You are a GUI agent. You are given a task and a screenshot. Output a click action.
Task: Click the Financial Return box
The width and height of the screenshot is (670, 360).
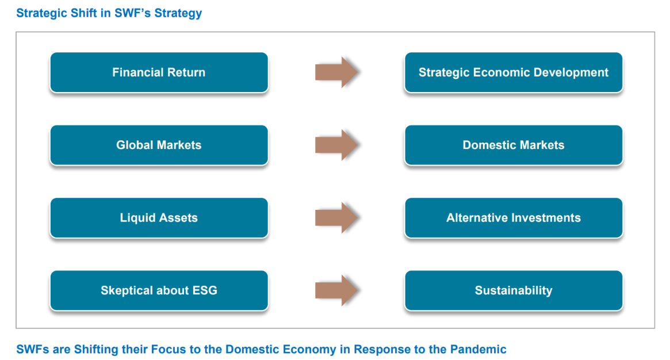coord(159,72)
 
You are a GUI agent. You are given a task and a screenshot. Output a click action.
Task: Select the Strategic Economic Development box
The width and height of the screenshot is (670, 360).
coord(514,72)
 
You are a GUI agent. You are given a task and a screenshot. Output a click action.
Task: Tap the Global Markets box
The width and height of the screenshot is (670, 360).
coord(159,145)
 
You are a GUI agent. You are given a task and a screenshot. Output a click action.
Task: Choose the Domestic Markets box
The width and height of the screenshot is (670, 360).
coord(514,145)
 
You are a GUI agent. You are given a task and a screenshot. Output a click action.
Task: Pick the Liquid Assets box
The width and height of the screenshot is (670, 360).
coord(159,218)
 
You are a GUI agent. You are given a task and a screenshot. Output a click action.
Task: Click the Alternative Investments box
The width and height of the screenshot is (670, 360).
coord(514,218)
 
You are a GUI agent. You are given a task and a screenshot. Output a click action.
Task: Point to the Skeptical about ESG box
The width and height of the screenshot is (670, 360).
coord(159,290)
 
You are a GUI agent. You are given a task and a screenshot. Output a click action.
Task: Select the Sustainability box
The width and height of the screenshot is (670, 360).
coord(514,290)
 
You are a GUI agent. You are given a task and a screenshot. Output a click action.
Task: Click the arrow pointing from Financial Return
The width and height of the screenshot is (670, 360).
coord(336,72)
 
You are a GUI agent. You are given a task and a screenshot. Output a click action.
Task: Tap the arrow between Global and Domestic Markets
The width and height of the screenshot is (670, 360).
coord(336,145)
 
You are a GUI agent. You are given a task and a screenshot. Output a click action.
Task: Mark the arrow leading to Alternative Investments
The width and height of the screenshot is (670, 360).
coord(336,217)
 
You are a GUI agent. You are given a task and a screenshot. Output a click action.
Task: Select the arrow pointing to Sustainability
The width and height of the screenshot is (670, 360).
coord(336,290)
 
